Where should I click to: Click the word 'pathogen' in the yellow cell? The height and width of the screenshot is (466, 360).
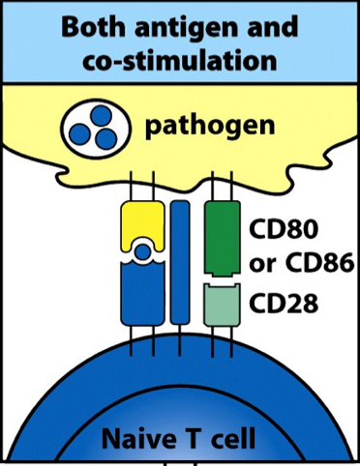[209, 127]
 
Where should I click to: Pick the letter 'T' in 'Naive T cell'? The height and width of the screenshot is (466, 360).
[191, 442]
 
